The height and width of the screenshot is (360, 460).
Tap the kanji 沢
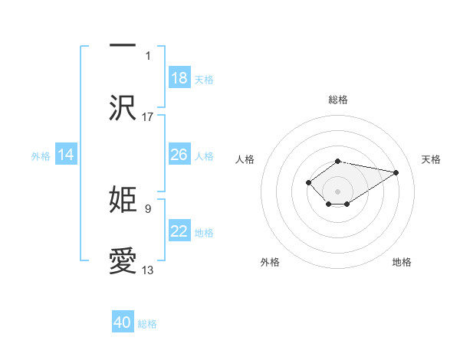[x=123, y=107]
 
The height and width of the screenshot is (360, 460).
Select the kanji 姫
[x=123, y=199]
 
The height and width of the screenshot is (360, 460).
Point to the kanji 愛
[x=123, y=260]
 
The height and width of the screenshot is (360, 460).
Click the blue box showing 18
[x=179, y=78]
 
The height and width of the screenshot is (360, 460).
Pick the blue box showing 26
[x=179, y=155]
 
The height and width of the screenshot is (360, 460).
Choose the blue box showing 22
[x=179, y=231]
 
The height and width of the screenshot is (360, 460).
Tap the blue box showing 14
[x=66, y=155]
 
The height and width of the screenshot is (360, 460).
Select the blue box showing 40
[x=123, y=322]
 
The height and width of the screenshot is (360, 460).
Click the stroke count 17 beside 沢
[x=148, y=117]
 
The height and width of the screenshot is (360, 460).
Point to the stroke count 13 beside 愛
[x=148, y=270]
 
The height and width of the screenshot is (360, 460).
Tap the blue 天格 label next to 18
[x=203, y=80]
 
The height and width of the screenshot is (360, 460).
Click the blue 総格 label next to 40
[x=147, y=324]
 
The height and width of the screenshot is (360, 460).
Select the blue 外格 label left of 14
[x=41, y=156]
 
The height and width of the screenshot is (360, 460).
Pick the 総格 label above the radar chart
[x=337, y=100]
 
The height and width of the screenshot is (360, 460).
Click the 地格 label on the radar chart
[x=402, y=262]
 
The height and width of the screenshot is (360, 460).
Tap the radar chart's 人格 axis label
[x=245, y=159]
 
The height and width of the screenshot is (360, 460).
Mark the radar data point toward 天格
[x=396, y=172]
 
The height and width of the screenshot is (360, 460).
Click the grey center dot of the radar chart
[x=337, y=191]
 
